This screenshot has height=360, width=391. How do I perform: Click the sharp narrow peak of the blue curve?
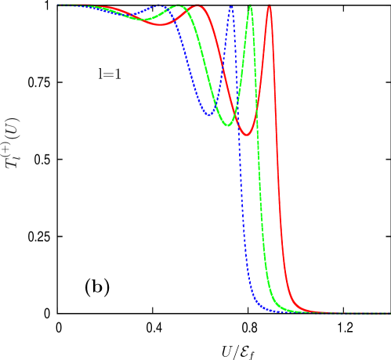(x=231, y=6)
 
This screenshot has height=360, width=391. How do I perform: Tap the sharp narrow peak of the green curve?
(x=250, y=6)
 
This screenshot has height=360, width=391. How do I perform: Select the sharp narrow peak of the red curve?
(x=269, y=6)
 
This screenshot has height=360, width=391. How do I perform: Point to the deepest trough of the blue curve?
(x=209, y=116)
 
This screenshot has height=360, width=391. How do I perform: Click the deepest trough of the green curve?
(x=227, y=125)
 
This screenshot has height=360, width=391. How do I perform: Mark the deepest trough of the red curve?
(x=246, y=135)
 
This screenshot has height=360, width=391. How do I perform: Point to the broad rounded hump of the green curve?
(x=179, y=6)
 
